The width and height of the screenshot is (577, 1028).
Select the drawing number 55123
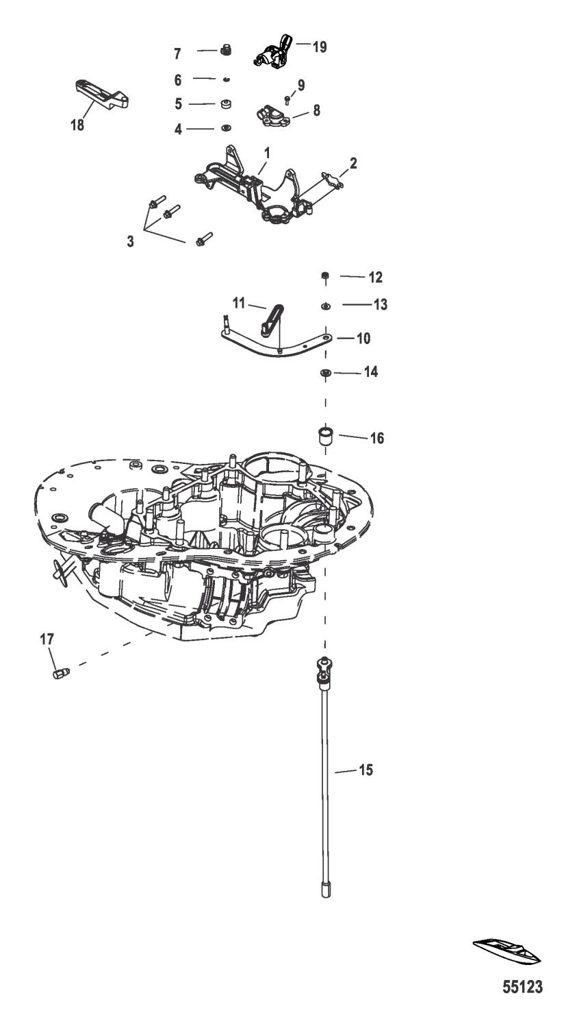point(522,988)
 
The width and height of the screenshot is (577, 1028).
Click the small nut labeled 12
point(326,277)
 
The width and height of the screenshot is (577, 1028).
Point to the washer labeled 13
point(326,304)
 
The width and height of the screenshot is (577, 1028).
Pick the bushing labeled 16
point(326,436)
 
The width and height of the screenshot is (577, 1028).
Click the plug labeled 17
point(58,674)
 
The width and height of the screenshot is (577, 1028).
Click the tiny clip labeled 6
point(225,79)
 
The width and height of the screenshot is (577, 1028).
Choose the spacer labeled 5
point(225,105)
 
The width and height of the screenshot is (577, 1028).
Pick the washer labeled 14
point(326,372)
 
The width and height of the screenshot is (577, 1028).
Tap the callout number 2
point(353,164)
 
